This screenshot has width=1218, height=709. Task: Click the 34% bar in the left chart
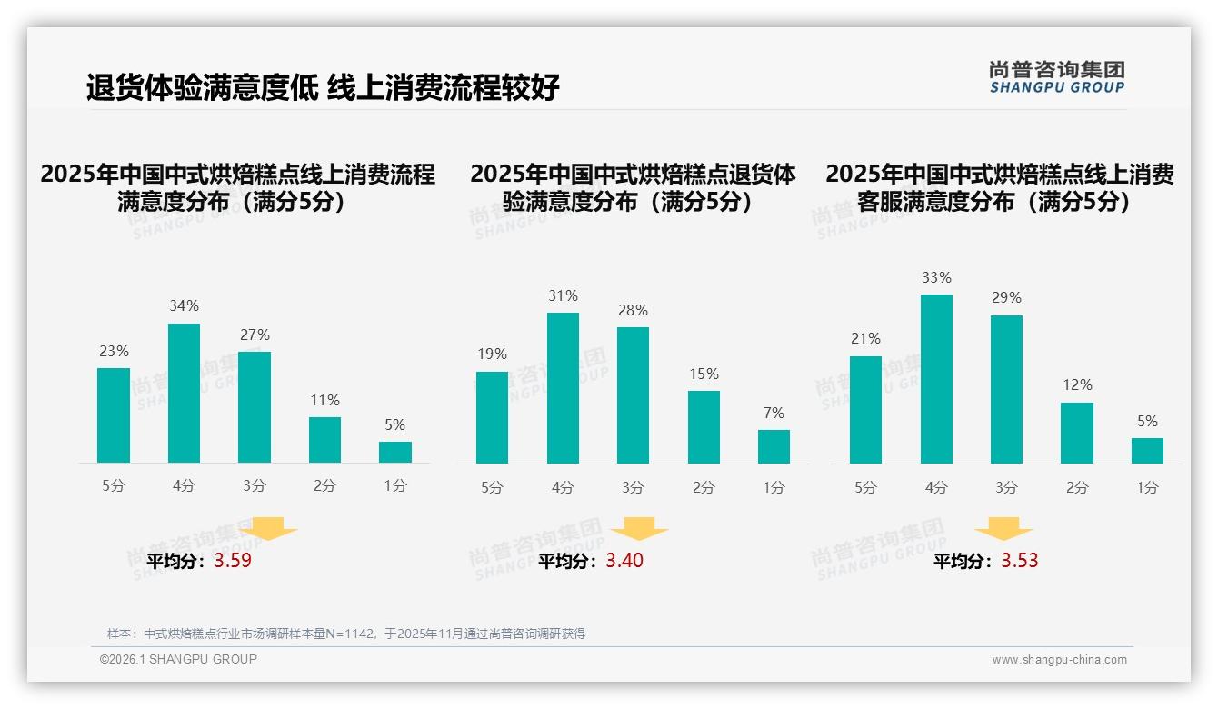pos(184,393)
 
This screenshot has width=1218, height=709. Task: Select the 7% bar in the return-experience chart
pos(774,446)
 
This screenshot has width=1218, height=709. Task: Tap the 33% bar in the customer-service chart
pos(936,379)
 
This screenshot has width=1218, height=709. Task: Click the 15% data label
pos(704,374)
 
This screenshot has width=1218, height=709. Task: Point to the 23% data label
pos(114,351)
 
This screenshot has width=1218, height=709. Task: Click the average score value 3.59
pos(233,561)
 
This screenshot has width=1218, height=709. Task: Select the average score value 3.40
pos(624,561)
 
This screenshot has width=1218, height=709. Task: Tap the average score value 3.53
pos(1019,561)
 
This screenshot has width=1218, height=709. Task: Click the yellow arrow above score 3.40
pos(639,528)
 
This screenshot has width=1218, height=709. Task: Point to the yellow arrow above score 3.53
pos(1003,528)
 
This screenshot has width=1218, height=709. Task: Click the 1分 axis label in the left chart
pos(395,486)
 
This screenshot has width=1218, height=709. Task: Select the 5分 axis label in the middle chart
pos(492,488)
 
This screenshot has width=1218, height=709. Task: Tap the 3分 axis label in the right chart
pos(1006,488)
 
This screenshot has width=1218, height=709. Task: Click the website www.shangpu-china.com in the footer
pos(1059,660)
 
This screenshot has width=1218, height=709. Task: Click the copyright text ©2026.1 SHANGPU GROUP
pos(178,659)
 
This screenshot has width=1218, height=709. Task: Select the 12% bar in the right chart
pos(1077,433)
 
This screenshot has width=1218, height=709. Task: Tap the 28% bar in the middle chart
pos(633,395)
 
